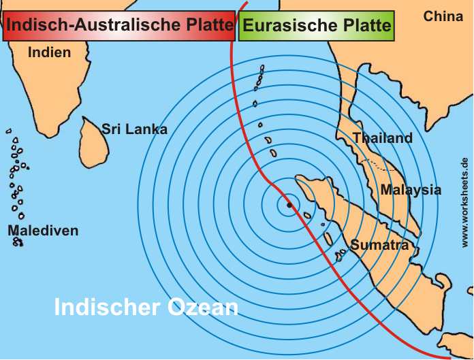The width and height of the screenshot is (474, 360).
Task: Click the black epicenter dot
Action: pyautogui.click(x=289, y=204)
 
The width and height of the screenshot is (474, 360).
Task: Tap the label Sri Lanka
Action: pyautogui.click(x=134, y=129)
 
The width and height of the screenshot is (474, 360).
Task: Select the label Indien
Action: pyautogui.click(x=50, y=52)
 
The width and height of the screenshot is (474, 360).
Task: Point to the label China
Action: pyautogui.click(x=443, y=16)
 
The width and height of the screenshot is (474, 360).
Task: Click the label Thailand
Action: pyautogui.click(x=382, y=138)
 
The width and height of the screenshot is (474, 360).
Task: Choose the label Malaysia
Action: pyautogui.click(x=411, y=190)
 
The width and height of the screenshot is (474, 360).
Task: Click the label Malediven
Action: pyautogui.click(x=43, y=231)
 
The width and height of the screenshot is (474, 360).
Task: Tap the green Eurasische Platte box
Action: pyautogui.click(x=317, y=26)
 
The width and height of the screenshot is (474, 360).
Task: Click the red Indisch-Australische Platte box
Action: pyautogui.click(x=119, y=26)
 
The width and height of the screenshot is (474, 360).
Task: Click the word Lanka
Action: pyautogui.click(x=145, y=129)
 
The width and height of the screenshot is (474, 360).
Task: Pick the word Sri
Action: pyautogui.click(x=110, y=129)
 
